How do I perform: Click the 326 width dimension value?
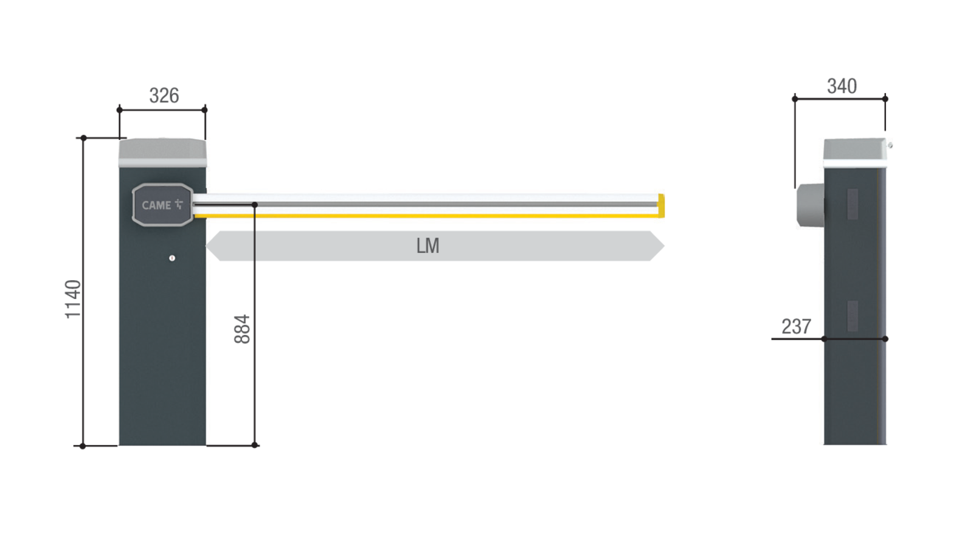(x=164, y=95)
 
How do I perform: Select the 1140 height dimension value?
(x=73, y=299)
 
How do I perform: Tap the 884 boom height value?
(x=242, y=329)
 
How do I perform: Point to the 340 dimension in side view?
(x=842, y=86)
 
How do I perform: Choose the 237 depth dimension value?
(x=796, y=326)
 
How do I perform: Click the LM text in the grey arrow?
(x=427, y=246)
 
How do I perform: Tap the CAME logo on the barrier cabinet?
(x=162, y=205)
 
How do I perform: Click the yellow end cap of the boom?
(x=662, y=206)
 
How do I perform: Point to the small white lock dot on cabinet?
(x=172, y=258)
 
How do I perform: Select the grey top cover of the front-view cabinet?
(x=162, y=153)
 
